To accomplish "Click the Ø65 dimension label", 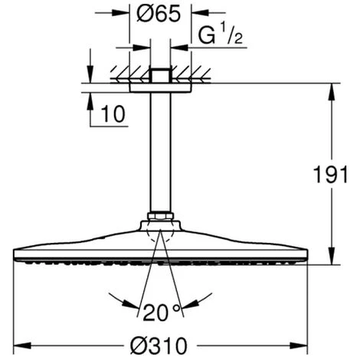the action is pyautogui.click(x=159, y=14).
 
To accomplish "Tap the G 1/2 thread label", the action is pyautogui.click(x=220, y=34).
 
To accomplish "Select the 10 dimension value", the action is pyautogui.click(x=113, y=114).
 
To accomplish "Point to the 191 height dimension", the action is pyautogui.click(x=331, y=175).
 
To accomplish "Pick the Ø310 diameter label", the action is pyautogui.click(x=159, y=346).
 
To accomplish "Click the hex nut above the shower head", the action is pyautogui.click(x=160, y=217).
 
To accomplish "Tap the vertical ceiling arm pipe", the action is pyautogui.click(x=160, y=152).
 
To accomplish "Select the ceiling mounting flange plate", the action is pyautogui.click(x=160, y=87).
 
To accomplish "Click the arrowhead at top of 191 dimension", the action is pyautogui.click(x=332, y=92).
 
